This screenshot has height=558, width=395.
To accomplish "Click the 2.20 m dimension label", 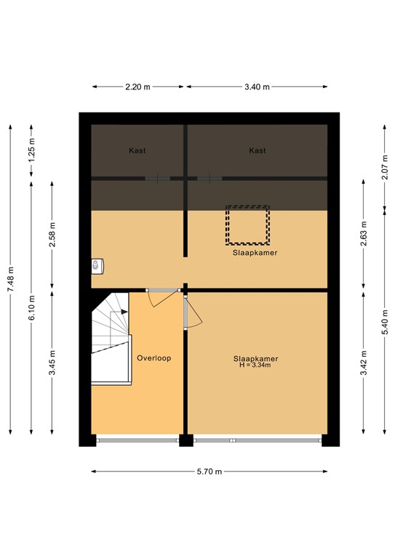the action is (137, 87).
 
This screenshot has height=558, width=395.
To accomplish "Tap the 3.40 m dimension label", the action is (257, 87).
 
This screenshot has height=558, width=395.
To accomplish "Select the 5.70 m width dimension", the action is (210, 472).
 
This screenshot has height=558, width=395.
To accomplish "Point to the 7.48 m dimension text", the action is (11, 279).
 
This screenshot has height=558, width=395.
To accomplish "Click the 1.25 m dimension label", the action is (32, 155).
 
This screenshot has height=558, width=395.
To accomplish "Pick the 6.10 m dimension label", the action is (32, 307).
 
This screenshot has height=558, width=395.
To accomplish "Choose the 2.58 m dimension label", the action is (52, 234).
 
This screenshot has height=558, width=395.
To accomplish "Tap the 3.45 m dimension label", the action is (52, 363).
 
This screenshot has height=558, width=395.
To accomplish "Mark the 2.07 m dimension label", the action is (385, 167).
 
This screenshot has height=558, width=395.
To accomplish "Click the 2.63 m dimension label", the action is (364, 233).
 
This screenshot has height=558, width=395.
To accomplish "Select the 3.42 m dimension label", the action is (364, 363).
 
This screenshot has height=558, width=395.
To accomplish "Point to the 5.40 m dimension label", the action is (385, 322).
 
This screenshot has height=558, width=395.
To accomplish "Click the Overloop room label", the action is (154, 358).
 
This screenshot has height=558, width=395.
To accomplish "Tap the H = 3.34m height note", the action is (255, 365).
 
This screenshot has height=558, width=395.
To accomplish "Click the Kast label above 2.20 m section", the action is (137, 150).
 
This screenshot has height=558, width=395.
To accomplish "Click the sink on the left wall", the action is (97, 266).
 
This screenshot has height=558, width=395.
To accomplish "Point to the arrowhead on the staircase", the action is (124, 312).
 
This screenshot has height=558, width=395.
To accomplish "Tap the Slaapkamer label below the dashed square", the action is (255, 253).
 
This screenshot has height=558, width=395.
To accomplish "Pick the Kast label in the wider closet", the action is (258, 150).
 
